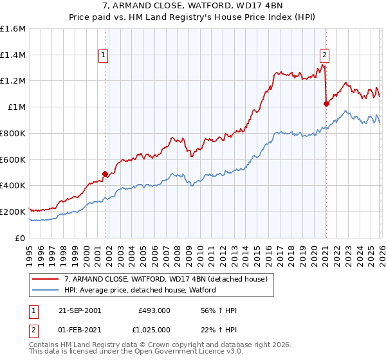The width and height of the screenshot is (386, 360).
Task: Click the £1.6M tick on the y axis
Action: click(13, 29)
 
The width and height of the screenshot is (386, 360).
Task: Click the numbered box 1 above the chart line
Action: click(103, 56)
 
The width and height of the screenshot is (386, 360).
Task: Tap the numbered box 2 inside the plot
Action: click(325, 56)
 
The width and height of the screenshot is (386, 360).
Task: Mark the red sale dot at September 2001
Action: click(106, 173)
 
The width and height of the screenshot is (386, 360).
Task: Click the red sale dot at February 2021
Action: click(326, 104)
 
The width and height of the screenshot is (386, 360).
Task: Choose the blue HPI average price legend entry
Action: click(140, 290)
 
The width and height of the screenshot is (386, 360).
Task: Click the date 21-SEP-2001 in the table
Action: click(80, 310)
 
